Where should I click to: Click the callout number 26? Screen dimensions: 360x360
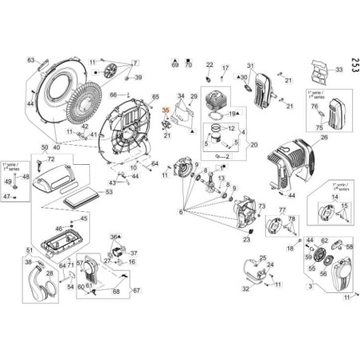tap(323, 136)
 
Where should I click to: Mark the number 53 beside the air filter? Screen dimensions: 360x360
tap(109, 192)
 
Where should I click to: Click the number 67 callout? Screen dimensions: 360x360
tap(136, 290)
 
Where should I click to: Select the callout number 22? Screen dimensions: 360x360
tap(210, 65)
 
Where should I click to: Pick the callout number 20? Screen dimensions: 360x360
tap(254, 144)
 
